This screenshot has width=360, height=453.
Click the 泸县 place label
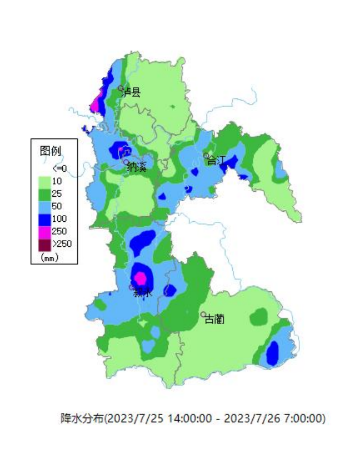[132, 92]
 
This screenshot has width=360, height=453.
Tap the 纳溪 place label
[137, 167]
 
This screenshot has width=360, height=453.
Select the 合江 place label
[217, 161]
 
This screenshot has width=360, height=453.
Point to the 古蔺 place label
[215, 320]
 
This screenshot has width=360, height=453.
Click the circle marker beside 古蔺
[203, 315]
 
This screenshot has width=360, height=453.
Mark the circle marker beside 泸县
[120, 88]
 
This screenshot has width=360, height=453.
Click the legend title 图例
[51, 150]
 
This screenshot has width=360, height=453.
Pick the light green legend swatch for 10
[44, 181]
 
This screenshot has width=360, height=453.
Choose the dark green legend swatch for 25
[44, 194]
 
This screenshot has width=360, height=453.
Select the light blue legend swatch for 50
[44, 206]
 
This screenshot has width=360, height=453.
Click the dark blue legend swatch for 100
[44, 218]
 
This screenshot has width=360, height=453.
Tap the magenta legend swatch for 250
[44, 231]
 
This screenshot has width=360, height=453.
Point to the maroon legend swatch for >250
[44, 243]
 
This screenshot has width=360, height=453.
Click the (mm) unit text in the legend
[50, 257]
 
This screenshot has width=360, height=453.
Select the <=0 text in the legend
[59, 168]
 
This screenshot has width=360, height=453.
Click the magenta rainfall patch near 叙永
[141, 277]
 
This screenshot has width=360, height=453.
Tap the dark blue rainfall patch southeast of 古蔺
[272, 353]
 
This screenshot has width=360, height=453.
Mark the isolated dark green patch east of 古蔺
[258, 317]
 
